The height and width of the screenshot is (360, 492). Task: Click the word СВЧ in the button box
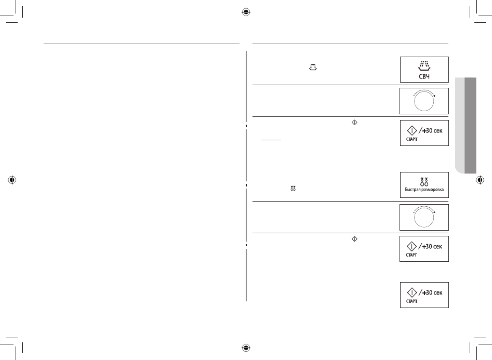pyautogui.click(x=424, y=76)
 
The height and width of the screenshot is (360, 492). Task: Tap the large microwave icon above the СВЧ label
pyautogui.click(x=424, y=65)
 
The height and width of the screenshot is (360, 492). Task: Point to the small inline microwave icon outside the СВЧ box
pyautogui.click(x=313, y=67)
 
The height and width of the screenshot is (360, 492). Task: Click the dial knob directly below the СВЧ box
pyautogui.click(x=424, y=101)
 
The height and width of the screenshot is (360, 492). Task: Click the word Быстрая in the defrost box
pyautogui.click(x=411, y=190)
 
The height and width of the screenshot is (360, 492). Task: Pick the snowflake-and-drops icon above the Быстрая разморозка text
pyautogui.click(x=424, y=181)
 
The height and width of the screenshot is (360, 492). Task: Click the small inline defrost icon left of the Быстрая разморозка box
pyautogui.click(x=293, y=189)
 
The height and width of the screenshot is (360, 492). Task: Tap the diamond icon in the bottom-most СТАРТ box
pyautogui.click(x=411, y=292)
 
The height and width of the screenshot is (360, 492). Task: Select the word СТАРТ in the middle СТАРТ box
pyautogui.click(x=411, y=255)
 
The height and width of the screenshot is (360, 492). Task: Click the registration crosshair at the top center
pyautogui.click(x=246, y=12)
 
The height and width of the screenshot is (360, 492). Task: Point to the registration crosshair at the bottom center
pyautogui.click(x=246, y=348)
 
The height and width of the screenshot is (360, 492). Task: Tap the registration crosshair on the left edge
pyautogui.click(x=12, y=180)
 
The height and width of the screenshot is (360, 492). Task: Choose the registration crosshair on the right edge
pyautogui.click(x=480, y=180)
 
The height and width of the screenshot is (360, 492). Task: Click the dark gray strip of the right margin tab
pyautogui.click(x=470, y=125)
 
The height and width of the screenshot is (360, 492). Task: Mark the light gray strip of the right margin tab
pyautogui.click(x=460, y=125)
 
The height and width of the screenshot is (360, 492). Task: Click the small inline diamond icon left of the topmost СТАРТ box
pyautogui.click(x=354, y=123)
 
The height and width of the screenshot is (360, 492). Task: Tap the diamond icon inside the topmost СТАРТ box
pyautogui.click(x=411, y=130)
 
